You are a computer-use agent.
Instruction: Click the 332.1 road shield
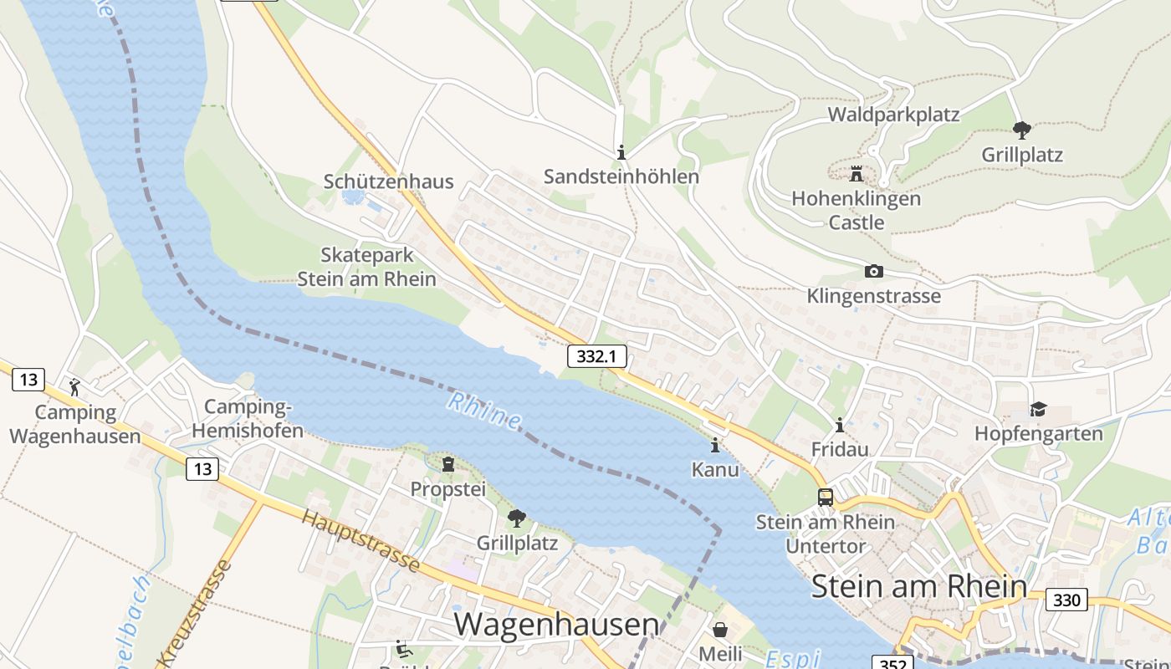pos(597,356)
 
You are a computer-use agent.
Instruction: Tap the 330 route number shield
pos(1066,600)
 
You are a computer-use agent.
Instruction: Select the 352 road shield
pos(892,662)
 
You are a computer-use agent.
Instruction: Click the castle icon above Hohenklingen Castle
pos(856,174)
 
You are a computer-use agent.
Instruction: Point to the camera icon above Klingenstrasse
pos(873,271)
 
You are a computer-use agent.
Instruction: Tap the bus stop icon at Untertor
pos(826,497)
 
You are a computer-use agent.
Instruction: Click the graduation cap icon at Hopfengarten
pos(1038,409)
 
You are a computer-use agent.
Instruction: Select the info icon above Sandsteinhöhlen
pos(621,152)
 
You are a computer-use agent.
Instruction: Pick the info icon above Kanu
pos(715,445)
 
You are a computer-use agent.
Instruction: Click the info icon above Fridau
pos(840,425)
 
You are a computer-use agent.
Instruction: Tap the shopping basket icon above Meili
pos(720,629)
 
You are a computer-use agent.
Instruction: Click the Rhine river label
pos(483,409)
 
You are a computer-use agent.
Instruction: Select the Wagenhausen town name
pos(556,624)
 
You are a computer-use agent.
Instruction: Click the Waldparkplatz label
pos(893,115)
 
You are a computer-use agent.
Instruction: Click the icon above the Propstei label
pos(447,464)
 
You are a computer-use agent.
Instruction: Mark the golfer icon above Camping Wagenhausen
pos(75,387)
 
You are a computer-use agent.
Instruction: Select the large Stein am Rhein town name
pos(919,586)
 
